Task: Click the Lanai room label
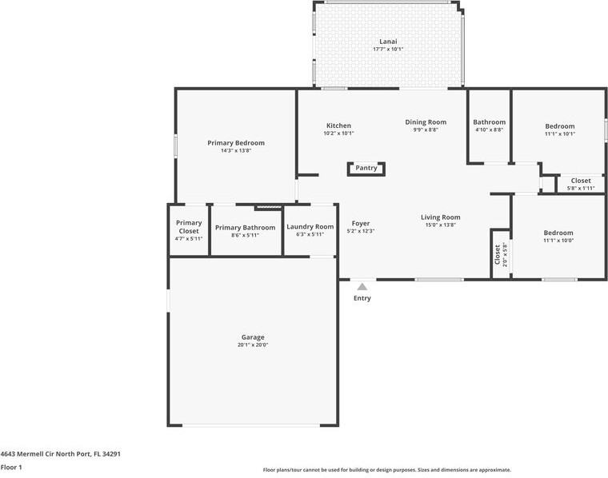388,42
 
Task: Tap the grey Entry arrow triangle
362,287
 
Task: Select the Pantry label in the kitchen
366,168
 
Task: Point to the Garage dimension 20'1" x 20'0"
253,345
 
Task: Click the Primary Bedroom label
236,143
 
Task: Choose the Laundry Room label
310,226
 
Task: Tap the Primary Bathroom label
245,227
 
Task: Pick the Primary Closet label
189,226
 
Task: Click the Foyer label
361,224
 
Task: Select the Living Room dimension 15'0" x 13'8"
441,225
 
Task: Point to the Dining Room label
426,122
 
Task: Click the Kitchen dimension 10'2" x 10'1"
339,133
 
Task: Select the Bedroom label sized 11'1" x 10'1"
560,126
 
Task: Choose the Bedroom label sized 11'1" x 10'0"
558,233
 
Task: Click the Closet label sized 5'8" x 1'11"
581,181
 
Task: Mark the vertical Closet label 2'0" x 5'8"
498,254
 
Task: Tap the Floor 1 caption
11,467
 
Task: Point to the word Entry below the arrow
362,298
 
